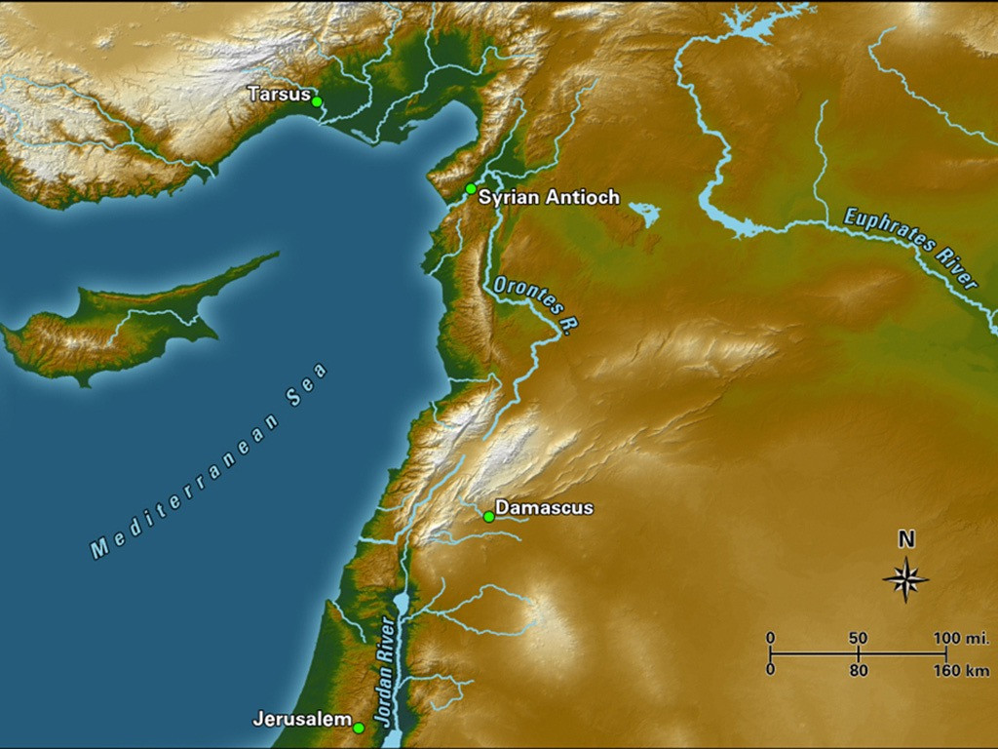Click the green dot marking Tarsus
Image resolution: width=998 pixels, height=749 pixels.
[x=317, y=100]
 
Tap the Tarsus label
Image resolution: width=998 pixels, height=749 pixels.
[x=279, y=95]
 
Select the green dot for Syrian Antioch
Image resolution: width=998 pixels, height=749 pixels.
[x=471, y=188]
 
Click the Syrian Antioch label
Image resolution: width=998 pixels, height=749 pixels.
[x=549, y=197]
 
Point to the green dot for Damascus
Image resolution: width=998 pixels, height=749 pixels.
[x=489, y=517]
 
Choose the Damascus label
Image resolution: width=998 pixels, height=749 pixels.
[x=544, y=508]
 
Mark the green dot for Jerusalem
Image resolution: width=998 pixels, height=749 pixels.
[x=359, y=728]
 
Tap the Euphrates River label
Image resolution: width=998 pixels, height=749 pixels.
[x=909, y=248]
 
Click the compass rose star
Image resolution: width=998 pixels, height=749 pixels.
[x=905, y=579]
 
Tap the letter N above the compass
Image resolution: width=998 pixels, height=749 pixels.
[x=905, y=539]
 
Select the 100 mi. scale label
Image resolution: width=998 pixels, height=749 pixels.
[x=961, y=638]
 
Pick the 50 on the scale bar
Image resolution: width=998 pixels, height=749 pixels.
[x=858, y=638]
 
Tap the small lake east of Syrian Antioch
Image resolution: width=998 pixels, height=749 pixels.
[x=644, y=214]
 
